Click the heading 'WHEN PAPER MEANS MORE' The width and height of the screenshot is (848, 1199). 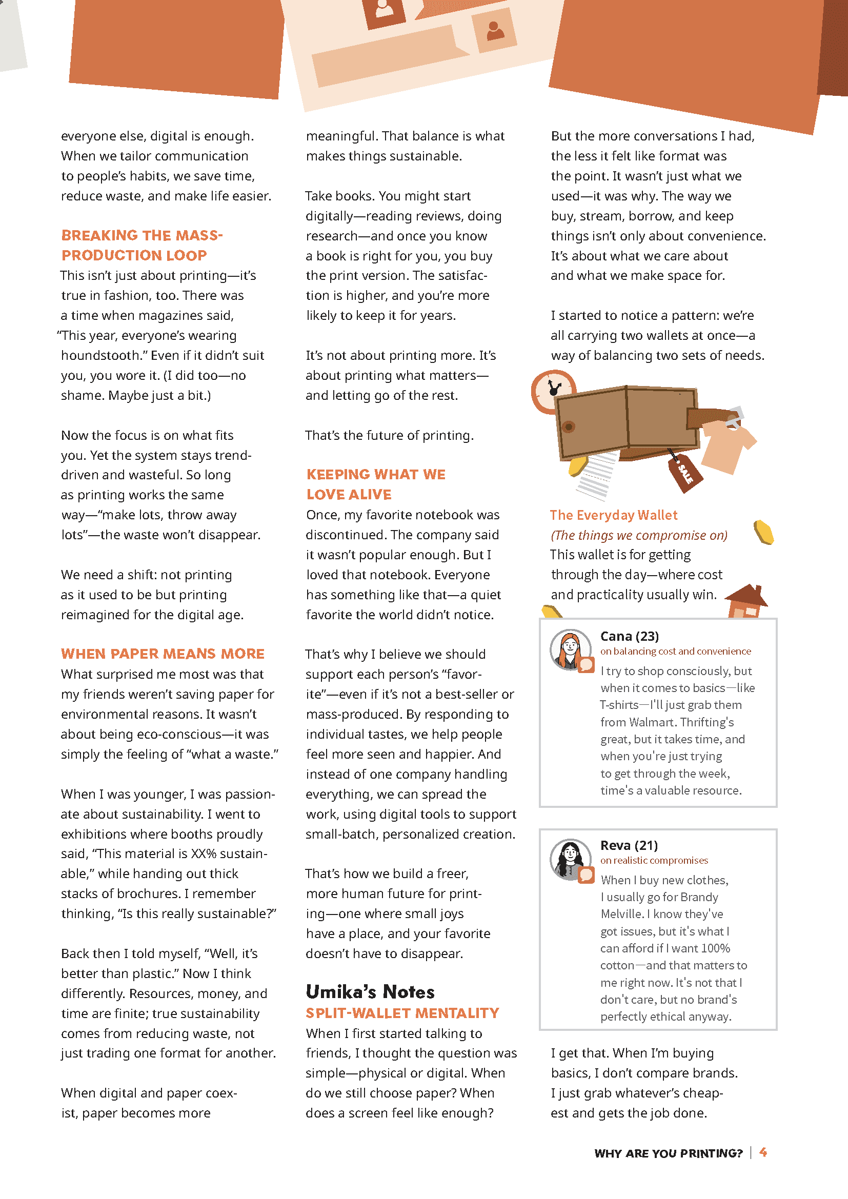click(x=163, y=654)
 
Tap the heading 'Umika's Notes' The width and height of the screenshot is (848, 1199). click(x=370, y=992)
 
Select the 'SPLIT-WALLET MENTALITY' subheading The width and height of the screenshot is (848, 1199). click(x=402, y=1013)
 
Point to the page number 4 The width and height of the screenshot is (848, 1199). click(x=763, y=1152)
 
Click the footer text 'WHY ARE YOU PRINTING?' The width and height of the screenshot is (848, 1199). click(x=668, y=1153)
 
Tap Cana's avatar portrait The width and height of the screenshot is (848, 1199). click(x=570, y=649)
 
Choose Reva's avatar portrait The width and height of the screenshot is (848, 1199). click(x=570, y=859)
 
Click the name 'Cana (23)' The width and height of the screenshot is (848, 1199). click(x=629, y=636)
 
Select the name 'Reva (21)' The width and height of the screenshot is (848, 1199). click(x=629, y=845)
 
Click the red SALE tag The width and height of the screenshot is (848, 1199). click(x=684, y=472)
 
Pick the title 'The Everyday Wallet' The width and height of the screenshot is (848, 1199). click(x=613, y=515)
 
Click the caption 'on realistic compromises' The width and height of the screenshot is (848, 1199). click(x=654, y=860)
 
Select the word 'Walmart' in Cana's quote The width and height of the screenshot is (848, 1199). click(x=654, y=722)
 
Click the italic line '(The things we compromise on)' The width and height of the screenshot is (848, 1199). click(x=639, y=535)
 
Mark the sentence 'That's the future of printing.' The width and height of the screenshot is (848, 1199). click(x=390, y=436)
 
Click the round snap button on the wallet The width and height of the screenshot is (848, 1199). click(x=569, y=426)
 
